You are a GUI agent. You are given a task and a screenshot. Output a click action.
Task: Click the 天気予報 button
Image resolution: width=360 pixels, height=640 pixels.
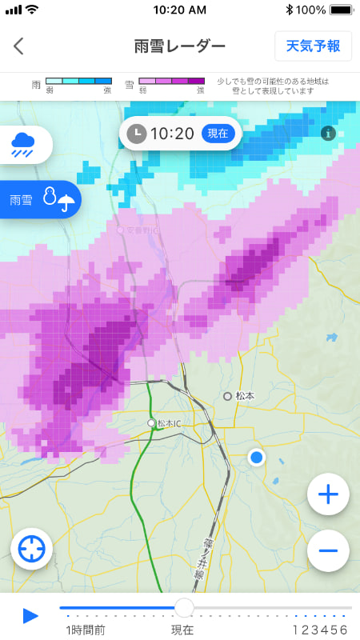[x=313, y=46]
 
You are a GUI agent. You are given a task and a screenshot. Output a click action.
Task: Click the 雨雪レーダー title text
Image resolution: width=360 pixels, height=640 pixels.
[x=180, y=46]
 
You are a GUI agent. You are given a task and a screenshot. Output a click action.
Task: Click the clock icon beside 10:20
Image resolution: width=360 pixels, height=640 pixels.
[x=137, y=133]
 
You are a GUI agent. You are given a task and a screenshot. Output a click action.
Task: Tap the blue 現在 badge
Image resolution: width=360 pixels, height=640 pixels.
[x=218, y=133]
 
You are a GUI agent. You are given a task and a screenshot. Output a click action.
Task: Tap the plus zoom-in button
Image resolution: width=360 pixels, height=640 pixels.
[x=328, y=494]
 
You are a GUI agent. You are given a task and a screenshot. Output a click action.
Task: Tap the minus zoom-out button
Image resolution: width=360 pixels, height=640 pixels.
[x=328, y=550]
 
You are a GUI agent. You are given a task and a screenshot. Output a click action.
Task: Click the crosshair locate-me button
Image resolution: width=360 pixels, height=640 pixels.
[x=31, y=550]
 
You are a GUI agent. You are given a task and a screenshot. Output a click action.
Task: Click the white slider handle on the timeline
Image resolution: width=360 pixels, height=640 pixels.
[x=184, y=608]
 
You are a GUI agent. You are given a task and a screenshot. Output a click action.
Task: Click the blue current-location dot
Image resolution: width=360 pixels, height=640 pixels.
[x=256, y=458]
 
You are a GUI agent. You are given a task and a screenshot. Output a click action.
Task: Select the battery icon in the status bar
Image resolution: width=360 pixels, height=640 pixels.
[x=341, y=10]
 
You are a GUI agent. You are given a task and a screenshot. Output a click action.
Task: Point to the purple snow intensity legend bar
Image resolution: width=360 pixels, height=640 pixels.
[x=171, y=82]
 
